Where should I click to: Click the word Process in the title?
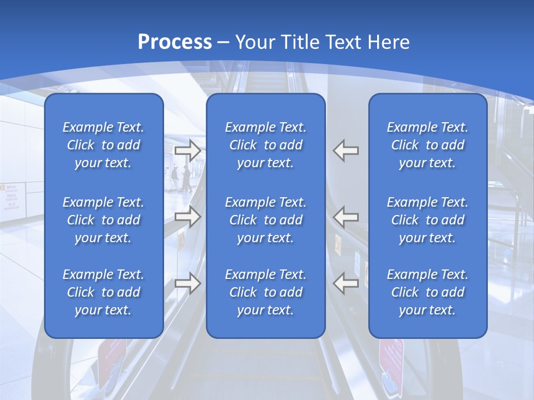pyautogui.click(x=175, y=42)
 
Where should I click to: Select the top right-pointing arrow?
pyautogui.click(x=187, y=150)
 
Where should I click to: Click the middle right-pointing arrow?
pyautogui.click(x=187, y=217)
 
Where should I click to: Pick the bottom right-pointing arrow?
pyautogui.click(x=187, y=283)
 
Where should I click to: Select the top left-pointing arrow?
pyautogui.click(x=346, y=150)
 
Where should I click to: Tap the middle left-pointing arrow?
pyautogui.click(x=346, y=217)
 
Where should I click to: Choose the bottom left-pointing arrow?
pyautogui.click(x=346, y=283)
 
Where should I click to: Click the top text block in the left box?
pyautogui.click(x=103, y=145)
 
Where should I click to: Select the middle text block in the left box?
pyautogui.click(x=103, y=220)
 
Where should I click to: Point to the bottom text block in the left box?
pyautogui.click(x=103, y=292)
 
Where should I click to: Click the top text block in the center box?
pyautogui.click(x=265, y=145)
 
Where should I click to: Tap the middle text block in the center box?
pyautogui.click(x=265, y=220)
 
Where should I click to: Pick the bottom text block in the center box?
pyautogui.click(x=265, y=292)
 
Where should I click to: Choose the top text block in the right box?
pyautogui.click(x=427, y=145)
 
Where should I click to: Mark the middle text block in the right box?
pyautogui.click(x=427, y=220)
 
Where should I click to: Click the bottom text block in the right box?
pyautogui.click(x=427, y=292)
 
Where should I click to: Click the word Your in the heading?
pyautogui.click(x=255, y=42)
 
